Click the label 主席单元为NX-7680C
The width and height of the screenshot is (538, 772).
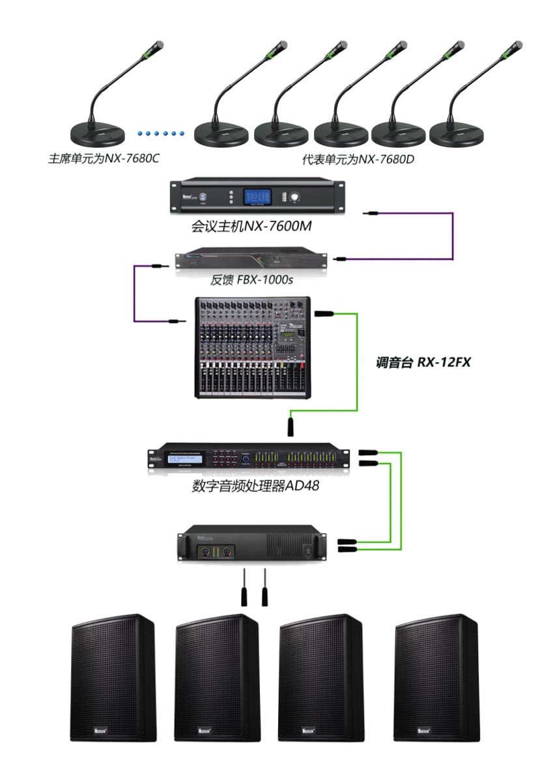pyautogui.click(x=104, y=158)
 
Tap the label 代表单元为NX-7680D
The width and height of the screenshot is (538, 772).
pyautogui.click(x=358, y=158)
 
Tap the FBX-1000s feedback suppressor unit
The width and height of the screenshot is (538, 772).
pyautogui.click(x=254, y=260)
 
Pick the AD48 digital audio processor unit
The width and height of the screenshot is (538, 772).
pyautogui.click(x=248, y=458)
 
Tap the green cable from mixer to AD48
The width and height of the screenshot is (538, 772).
pyautogui.click(x=357, y=365)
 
